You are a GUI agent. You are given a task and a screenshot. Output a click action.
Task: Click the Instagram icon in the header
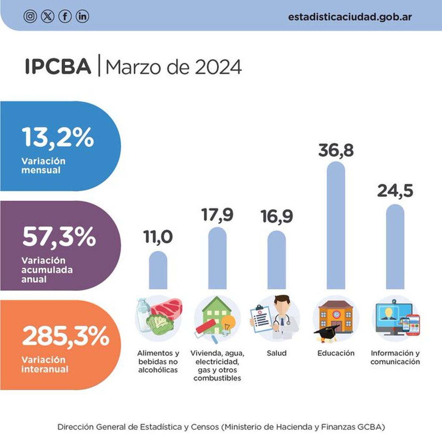30,17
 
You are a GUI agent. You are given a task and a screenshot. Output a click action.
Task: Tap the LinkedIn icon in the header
83,17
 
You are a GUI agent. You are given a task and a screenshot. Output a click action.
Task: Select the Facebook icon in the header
65,17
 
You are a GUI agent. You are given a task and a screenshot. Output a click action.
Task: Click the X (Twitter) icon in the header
48,17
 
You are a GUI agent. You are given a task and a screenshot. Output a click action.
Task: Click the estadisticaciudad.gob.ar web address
350,17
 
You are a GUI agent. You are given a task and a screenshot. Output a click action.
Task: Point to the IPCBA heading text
58,67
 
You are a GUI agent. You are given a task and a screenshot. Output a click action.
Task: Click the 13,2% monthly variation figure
58,137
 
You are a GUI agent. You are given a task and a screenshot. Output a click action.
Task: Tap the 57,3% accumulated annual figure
59,236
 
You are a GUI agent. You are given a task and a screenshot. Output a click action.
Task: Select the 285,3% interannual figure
66,336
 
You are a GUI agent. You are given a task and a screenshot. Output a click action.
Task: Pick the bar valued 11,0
158,270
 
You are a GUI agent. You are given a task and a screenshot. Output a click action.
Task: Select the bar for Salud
277,260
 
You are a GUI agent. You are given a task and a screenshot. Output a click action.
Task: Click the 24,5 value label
395,191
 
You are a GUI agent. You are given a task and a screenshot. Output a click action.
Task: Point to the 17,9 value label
217,215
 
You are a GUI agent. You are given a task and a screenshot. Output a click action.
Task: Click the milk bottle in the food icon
142,313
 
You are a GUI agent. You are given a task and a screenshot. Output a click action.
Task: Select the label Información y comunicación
395,357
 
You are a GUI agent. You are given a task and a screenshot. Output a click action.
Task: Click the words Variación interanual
45,364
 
